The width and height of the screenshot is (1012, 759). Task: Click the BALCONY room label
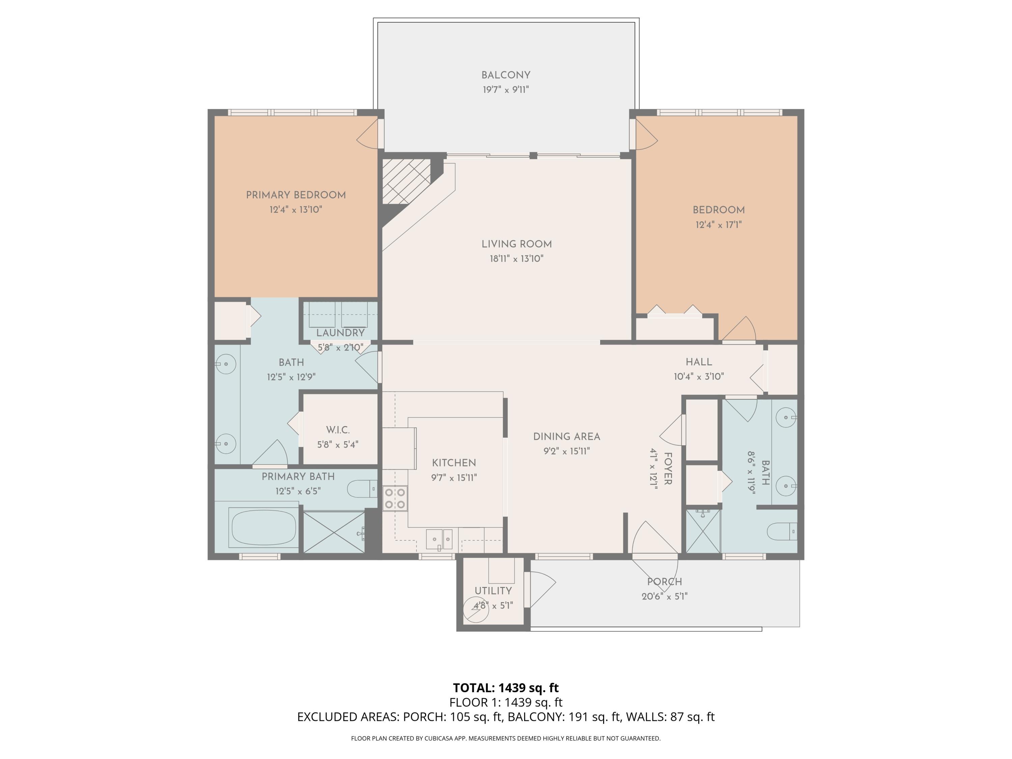tap(506, 75)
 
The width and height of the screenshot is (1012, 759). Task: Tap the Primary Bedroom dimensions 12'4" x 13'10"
tap(296, 209)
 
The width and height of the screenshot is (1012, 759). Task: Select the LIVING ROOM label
tap(516, 244)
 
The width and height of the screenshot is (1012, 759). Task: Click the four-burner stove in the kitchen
tap(395, 498)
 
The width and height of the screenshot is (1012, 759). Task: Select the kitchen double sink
tap(439, 539)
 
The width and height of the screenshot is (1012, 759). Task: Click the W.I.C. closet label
tap(338, 430)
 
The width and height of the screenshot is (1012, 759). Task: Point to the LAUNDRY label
tap(340, 333)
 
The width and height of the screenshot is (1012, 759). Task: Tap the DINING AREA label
tap(566, 437)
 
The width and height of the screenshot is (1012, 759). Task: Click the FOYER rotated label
tap(668, 469)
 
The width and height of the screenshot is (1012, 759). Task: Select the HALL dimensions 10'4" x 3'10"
tap(699, 376)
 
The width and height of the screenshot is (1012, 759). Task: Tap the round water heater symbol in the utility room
tap(475, 609)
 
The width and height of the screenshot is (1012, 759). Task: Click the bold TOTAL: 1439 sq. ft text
tap(506, 687)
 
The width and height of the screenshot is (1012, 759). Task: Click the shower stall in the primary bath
tap(334, 532)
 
